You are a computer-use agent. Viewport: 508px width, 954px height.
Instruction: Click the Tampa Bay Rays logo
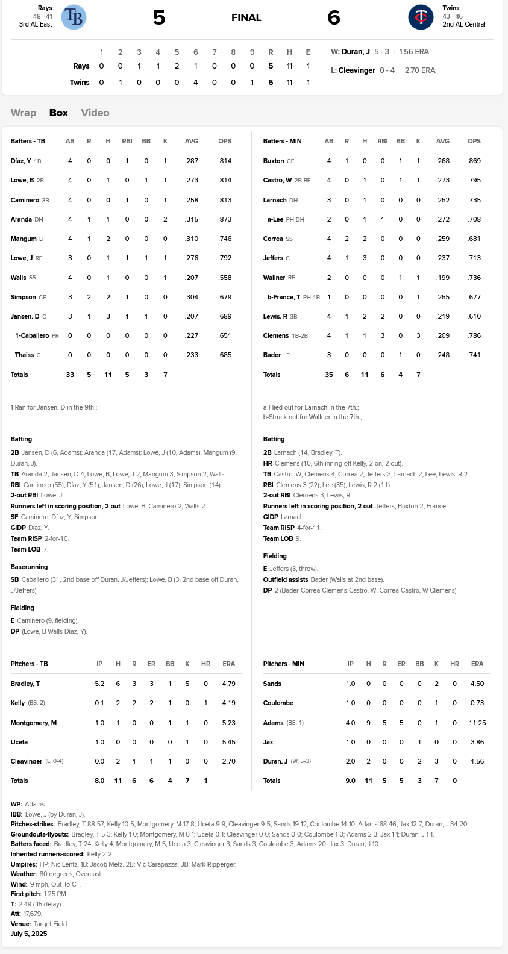[74, 17]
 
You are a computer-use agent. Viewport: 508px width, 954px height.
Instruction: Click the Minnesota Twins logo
[421, 17]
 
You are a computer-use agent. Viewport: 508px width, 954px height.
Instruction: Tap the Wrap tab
[24, 113]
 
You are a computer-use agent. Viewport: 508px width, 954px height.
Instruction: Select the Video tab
[95, 113]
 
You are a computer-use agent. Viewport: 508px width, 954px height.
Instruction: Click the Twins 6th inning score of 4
[196, 83]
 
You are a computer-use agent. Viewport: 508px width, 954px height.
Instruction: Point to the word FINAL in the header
[246, 17]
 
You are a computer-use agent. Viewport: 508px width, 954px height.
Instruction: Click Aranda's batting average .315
[192, 219]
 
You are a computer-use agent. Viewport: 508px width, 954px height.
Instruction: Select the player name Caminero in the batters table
[25, 200]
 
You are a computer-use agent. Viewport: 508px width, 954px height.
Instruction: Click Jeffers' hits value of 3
[365, 258]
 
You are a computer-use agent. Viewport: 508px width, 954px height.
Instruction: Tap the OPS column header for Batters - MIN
[474, 141]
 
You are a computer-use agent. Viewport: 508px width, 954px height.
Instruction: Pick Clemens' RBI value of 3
[383, 335]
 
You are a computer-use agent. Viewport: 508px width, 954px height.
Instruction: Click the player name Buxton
[274, 161]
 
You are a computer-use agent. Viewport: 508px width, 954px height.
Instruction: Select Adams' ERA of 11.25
[477, 723]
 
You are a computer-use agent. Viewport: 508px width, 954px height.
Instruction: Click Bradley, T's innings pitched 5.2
[99, 684]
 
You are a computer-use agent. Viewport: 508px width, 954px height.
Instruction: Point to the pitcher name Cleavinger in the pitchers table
[27, 761]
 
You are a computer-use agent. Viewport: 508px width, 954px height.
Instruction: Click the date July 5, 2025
[29, 934]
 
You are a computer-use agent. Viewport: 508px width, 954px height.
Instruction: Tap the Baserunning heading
[29, 567]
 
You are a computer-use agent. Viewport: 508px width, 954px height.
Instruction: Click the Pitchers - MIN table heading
[284, 664]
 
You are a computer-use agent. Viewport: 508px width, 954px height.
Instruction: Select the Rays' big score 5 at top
[159, 17]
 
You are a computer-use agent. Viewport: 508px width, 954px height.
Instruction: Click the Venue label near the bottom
[20, 924]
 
